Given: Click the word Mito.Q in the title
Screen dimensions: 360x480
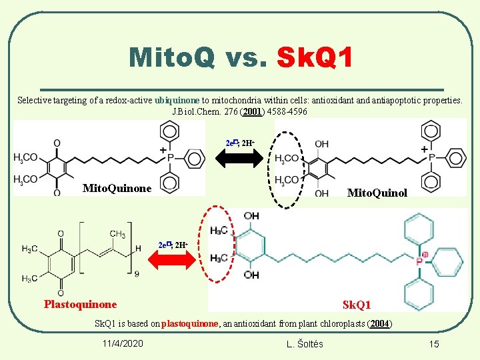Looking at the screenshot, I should coord(172,57).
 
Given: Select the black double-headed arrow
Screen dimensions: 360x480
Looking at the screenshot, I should coord(239,159).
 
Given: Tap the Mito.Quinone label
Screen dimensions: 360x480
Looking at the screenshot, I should coord(116,189).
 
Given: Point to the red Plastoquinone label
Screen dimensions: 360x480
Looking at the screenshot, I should coord(80,305).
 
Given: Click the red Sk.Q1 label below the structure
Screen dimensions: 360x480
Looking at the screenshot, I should coord(357,305).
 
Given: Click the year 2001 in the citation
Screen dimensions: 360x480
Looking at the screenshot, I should coord(252,111).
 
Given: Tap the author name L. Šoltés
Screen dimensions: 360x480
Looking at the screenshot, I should coord(305,344).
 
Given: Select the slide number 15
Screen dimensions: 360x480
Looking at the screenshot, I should coord(434,344).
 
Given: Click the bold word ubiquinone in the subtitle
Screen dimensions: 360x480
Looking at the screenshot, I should coord(177,101).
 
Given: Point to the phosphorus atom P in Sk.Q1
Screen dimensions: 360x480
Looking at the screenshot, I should coord(420,262).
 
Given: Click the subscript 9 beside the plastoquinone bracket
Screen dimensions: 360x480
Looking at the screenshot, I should coord(137,274).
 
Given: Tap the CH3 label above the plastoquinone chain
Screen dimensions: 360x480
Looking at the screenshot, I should coord(117,234).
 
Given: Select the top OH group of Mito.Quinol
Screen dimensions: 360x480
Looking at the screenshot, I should coord(321,144).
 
